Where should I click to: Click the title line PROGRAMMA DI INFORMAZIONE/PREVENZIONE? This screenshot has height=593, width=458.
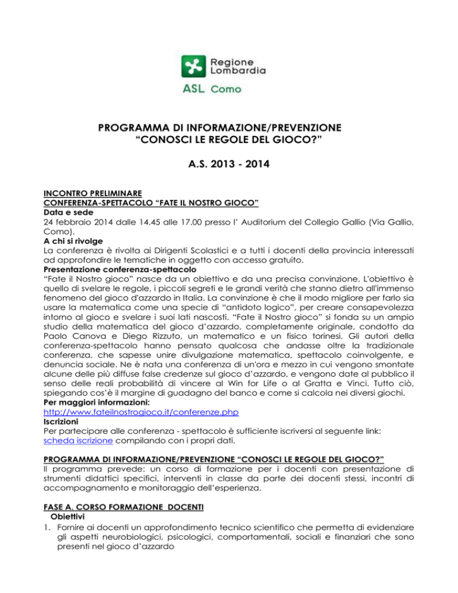[228, 127]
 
